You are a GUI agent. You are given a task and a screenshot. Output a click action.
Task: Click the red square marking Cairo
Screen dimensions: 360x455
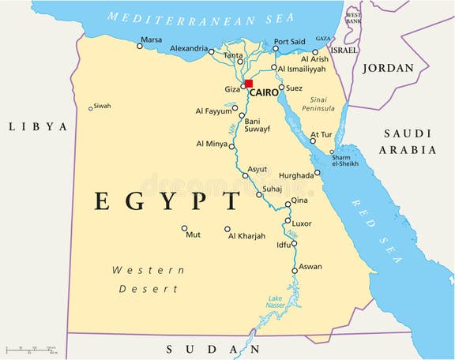tap(248, 84)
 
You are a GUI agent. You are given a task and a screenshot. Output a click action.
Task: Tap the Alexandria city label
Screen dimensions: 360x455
tap(189, 48)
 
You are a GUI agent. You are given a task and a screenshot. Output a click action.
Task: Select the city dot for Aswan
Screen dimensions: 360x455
tap(295, 271)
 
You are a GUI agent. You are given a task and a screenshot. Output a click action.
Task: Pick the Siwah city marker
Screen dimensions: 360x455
tap(91, 108)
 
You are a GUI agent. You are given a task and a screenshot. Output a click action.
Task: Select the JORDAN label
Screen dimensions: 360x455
tap(388, 68)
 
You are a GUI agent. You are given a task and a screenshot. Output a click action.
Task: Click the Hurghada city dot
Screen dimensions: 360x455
tap(318, 172)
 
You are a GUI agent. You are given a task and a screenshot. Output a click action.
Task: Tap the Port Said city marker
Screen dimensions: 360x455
tap(275, 49)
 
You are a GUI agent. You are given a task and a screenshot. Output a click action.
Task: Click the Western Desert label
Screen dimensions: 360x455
tap(149, 279)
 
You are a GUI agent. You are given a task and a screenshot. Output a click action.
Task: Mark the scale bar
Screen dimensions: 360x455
tap(30, 348)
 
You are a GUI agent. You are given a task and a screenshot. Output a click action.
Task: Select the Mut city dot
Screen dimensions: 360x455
tap(185, 229)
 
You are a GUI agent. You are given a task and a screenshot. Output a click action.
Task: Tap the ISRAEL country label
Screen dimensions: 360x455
tap(344, 49)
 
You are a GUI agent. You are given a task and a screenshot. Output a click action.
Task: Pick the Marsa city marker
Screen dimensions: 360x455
tap(140, 46)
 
